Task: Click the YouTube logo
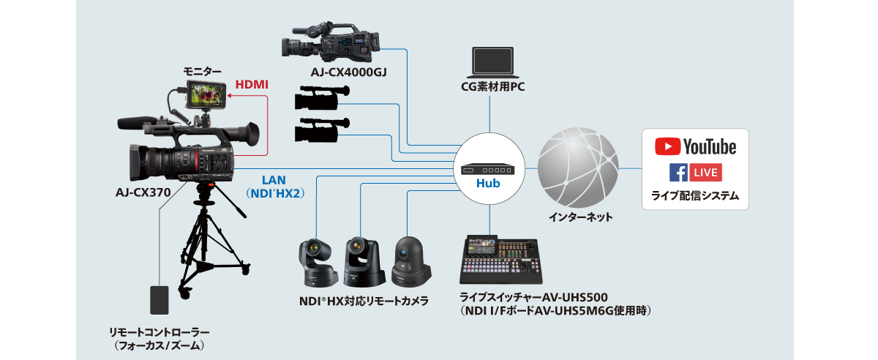click(x=695, y=146)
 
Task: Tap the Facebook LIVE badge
click(x=695, y=173)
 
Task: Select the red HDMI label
click(x=252, y=85)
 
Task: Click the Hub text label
click(x=488, y=184)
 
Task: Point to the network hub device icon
click(x=488, y=168)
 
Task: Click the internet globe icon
click(x=578, y=168)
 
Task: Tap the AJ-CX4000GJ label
click(x=343, y=72)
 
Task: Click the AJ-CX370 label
click(x=143, y=193)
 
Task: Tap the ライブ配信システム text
click(x=695, y=195)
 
